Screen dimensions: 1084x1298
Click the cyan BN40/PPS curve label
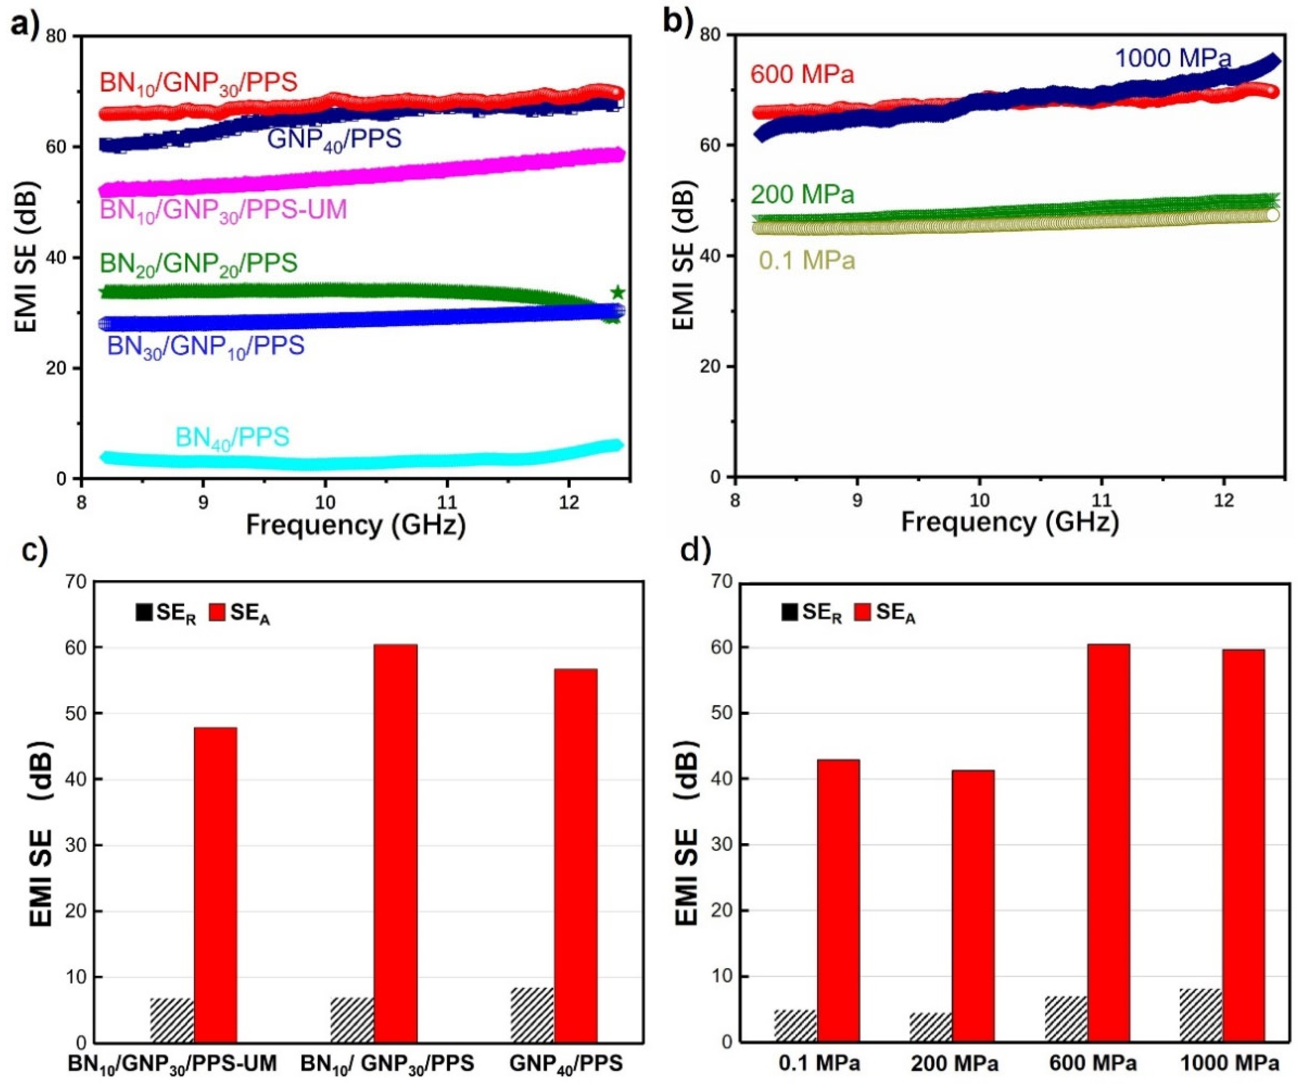click(232, 438)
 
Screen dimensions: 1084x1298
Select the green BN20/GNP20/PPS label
click(198, 263)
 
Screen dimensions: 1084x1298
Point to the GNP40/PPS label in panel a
click(334, 139)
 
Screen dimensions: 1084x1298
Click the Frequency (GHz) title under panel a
click(355, 525)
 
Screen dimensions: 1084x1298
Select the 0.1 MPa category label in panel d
click(819, 1064)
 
